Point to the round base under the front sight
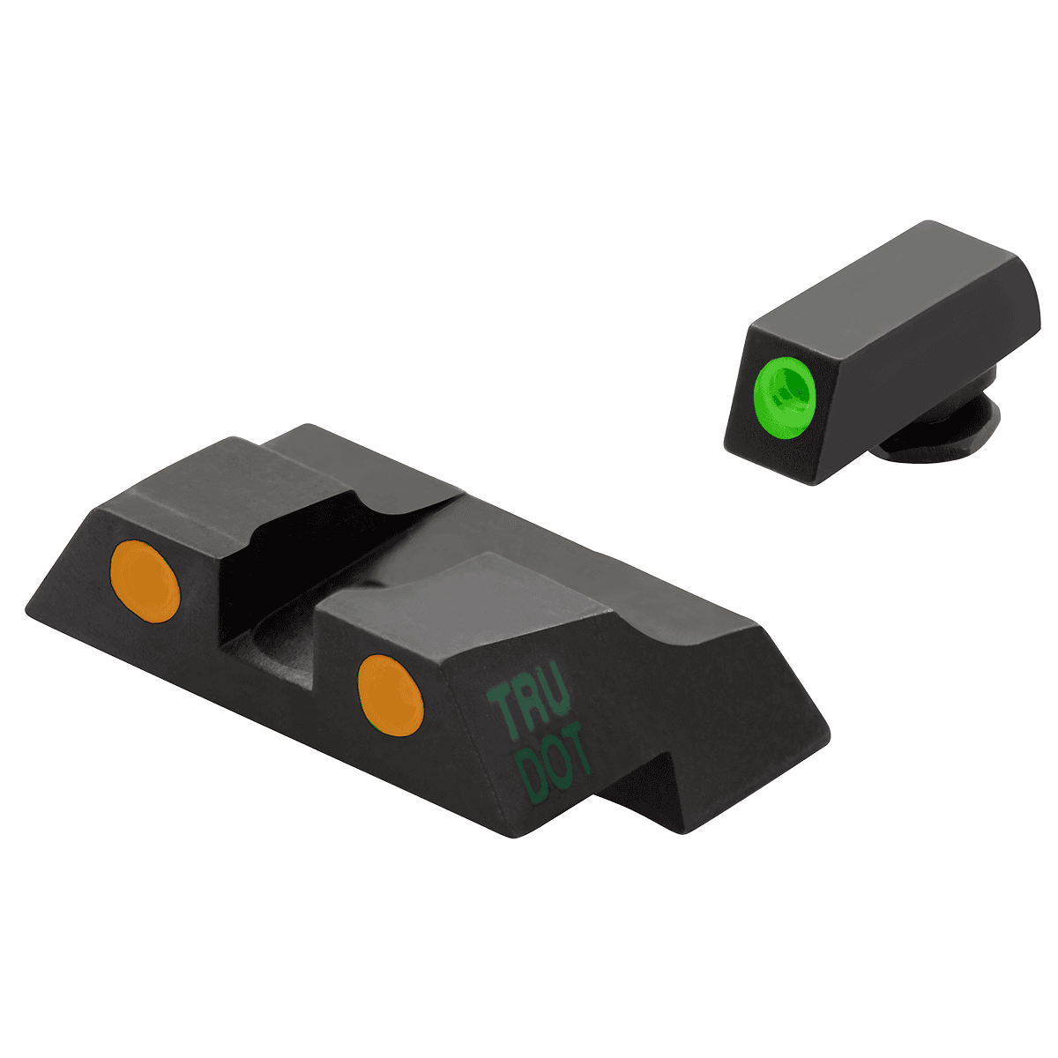(943, 432)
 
